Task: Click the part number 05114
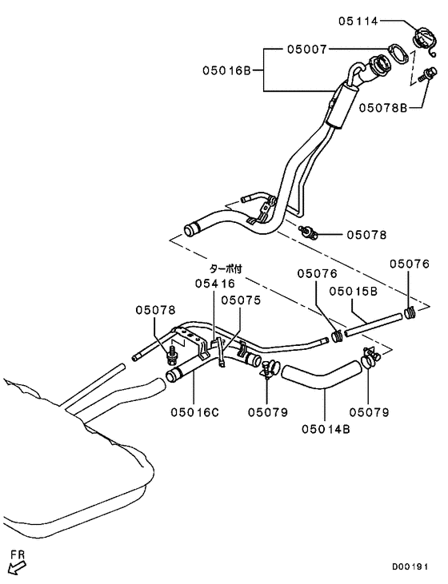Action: coord(358,22)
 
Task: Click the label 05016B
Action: coord(227,71)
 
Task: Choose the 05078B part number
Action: coord(382,105)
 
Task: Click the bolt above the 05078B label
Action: coord(426,76)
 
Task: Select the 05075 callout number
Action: coord(241,300)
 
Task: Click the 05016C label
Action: coord(194,412)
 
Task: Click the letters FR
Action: coord(15,552)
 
